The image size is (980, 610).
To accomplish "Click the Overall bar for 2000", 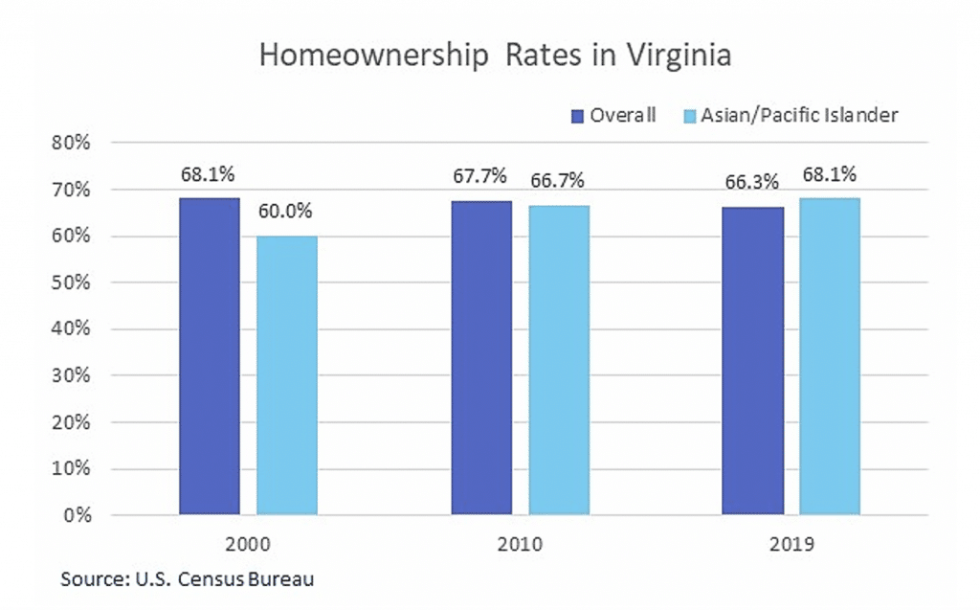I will coord(210,356).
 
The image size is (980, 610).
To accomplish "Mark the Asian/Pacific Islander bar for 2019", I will coord(830,356).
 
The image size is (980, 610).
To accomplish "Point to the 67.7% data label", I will coord(481,179).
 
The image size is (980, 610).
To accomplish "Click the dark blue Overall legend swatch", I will coord(577,116).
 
